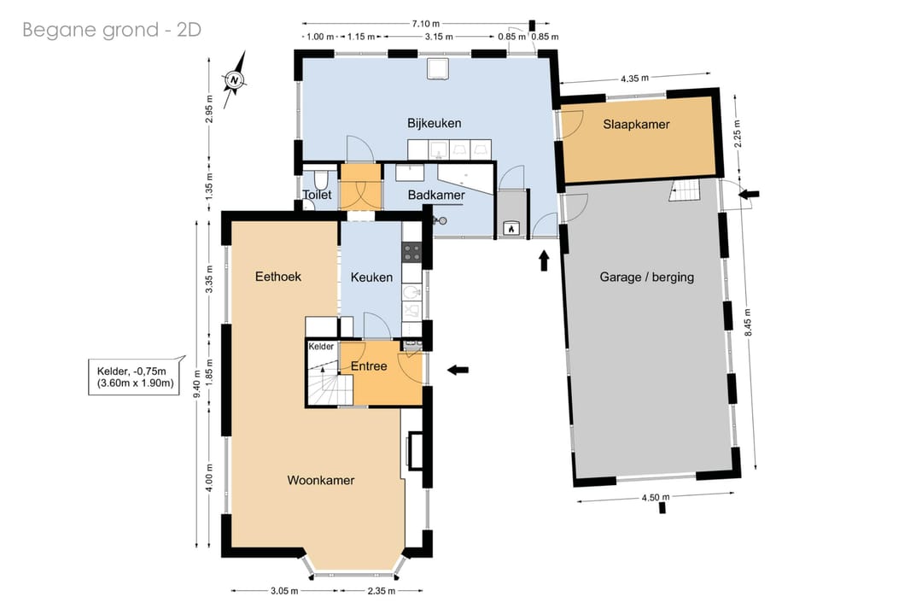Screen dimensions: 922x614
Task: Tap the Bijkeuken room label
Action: pos(434,124)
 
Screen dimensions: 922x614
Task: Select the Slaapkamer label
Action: pos(636,124)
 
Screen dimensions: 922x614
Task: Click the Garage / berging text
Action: pos(647,277)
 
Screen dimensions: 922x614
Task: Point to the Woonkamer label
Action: pos(320,481)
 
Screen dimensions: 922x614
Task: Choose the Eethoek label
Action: pos(278,277)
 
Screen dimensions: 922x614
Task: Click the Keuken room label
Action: pos(371,278)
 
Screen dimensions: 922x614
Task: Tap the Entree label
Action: pos(369,366)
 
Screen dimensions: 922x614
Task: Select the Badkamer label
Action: pos(436,195)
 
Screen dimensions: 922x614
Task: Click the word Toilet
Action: pos(317,195)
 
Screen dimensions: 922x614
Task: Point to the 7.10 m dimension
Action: pos(426,24)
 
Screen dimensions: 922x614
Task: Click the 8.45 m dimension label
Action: pos(748,322)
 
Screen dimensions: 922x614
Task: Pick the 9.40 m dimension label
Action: pos(197,383)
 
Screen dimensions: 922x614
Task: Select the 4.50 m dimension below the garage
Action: pos(655,498)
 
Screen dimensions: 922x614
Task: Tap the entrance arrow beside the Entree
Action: pos(458,370)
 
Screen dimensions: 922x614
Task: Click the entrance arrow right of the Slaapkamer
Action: pos(749,194)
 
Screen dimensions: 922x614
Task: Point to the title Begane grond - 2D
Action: pos(112,29)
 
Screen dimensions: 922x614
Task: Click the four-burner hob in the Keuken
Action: pos(411,252)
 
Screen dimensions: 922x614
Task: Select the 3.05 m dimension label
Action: pos(284,591)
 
